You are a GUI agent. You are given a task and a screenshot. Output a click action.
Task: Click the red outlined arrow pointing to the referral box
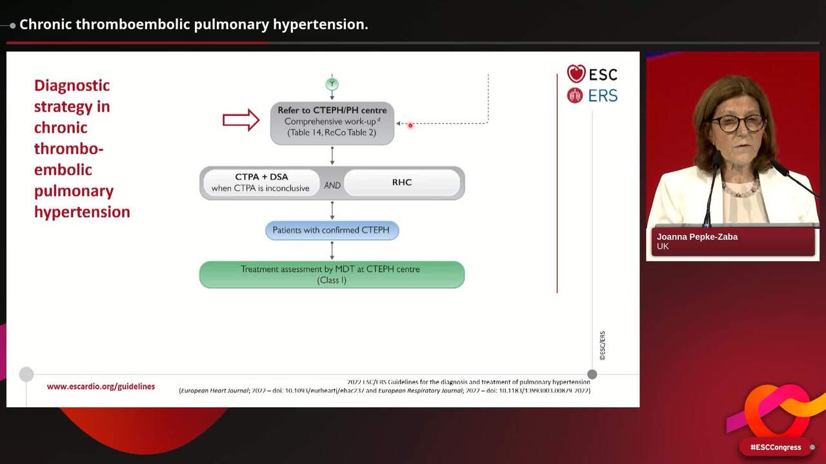[x=241, y=120]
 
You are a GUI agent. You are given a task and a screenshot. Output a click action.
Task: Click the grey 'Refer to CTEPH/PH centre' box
[x=332, y=122]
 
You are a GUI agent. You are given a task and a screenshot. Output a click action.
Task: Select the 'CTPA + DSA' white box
[x=261, y=182]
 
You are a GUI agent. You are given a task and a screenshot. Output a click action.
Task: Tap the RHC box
[x=402, y=182]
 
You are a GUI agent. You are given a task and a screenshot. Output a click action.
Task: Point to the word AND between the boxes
[x=332, y=186]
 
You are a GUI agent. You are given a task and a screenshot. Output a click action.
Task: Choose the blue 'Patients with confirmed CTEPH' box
[x=332, y=230]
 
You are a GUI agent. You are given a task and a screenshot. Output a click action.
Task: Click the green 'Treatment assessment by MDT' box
[x=332, y=274]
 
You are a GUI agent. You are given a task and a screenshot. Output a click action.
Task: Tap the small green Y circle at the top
[x=332, y=84]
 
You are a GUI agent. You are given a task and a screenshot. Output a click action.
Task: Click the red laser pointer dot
[x=410, y=126]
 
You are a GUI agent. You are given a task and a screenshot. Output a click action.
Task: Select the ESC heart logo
[x=576, y=73]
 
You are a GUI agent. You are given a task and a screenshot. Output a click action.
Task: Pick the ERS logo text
[x=602, y=96]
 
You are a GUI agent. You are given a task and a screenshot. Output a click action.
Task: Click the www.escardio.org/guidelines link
[x=101, y=387]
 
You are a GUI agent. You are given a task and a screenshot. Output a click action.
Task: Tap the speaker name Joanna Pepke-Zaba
[x=697, y=237]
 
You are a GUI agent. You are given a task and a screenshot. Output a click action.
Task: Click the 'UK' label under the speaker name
[x=663, y=247]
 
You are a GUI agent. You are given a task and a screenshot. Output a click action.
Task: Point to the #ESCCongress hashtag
[x=775, y=447]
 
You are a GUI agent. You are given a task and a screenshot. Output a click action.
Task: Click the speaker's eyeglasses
[x=738, y=123]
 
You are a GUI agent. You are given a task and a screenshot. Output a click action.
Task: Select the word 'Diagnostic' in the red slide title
[x=72, y=86]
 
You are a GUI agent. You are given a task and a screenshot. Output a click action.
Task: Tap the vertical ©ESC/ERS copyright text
[x=602, y=345]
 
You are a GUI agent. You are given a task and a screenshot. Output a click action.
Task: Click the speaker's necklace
[x=740, y=190]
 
